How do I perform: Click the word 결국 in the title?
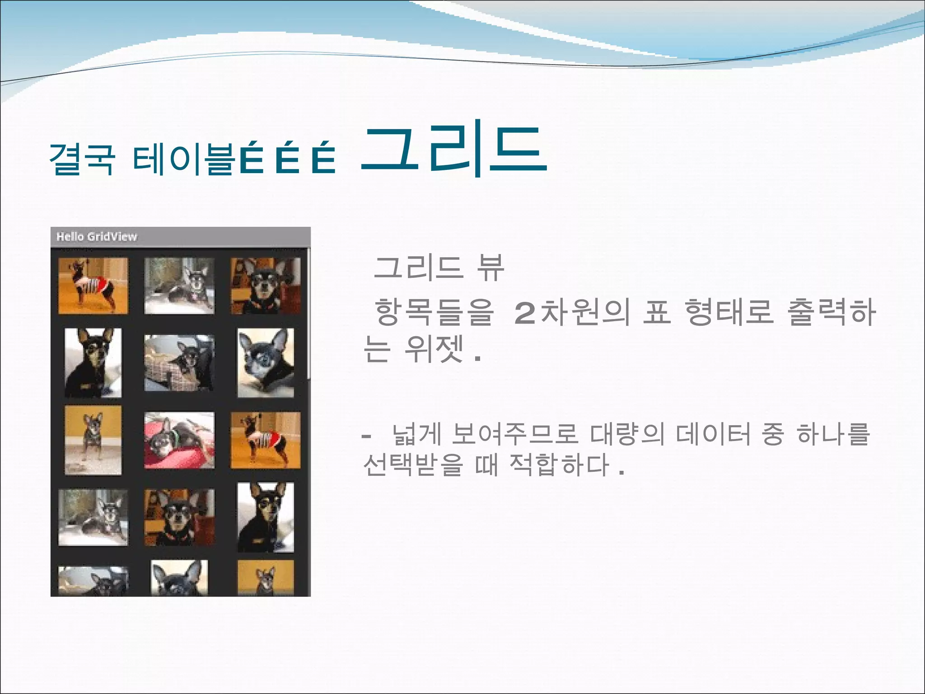[82, 159]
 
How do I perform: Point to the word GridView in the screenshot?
[112, 236]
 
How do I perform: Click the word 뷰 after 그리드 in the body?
[490, 268]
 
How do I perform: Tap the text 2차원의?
[572, 312]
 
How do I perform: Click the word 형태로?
[729, 312]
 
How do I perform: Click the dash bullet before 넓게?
[366, 436]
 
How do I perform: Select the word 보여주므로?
[514, 434]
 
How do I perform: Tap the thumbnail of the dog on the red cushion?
[179, 440]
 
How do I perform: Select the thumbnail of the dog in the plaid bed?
[179, 363]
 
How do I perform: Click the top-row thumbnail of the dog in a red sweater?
[93, 286]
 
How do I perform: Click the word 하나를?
[833, 434]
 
